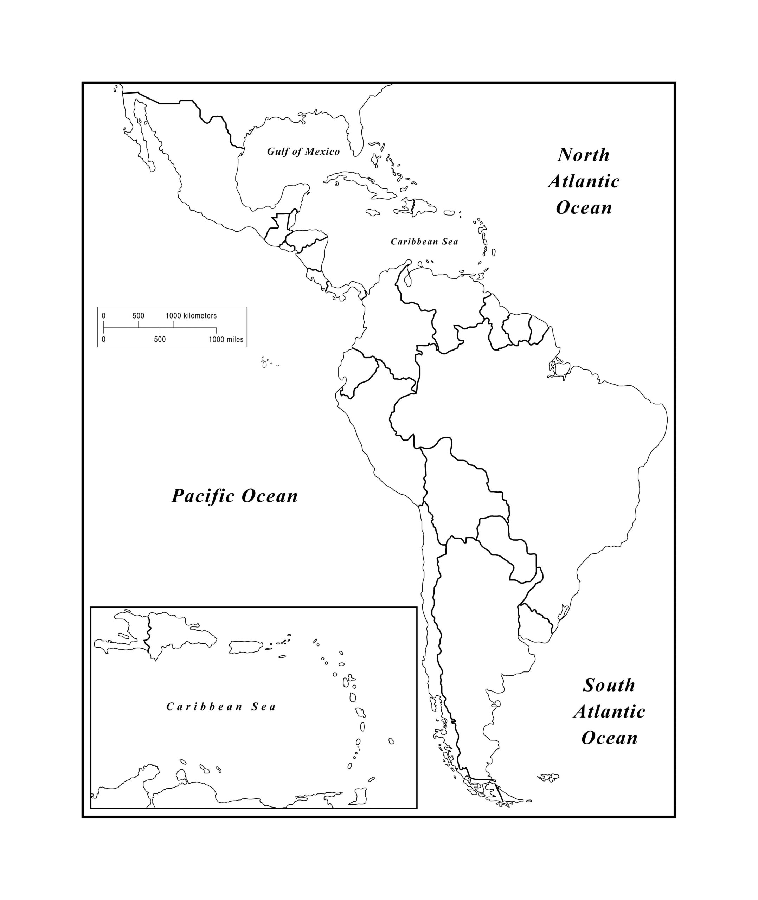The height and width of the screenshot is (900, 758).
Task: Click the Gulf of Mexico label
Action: point(303,152)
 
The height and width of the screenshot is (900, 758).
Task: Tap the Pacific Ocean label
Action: point(235,496)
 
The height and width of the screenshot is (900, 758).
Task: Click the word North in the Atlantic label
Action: point(584,155)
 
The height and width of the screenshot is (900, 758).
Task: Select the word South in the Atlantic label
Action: point(609,685)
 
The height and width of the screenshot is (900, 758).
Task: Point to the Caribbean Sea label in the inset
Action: point(221,707)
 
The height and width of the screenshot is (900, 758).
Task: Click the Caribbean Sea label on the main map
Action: point(424,242)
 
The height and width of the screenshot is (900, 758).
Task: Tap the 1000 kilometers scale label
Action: point(191,316)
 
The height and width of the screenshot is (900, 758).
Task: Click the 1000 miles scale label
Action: point(226,340)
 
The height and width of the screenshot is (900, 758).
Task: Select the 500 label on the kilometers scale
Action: point(139,316)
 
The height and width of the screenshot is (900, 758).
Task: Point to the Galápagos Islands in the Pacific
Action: point(265,364)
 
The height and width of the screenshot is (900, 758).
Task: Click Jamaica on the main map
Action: point(372,213)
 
